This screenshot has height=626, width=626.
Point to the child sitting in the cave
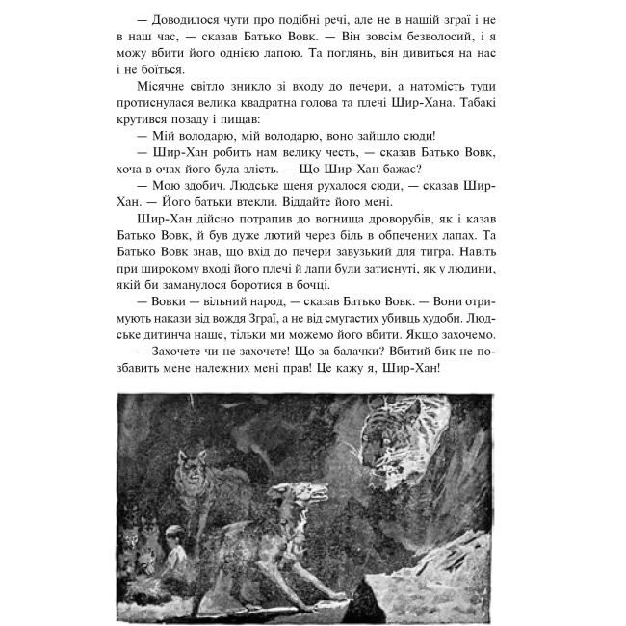(173, 544)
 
